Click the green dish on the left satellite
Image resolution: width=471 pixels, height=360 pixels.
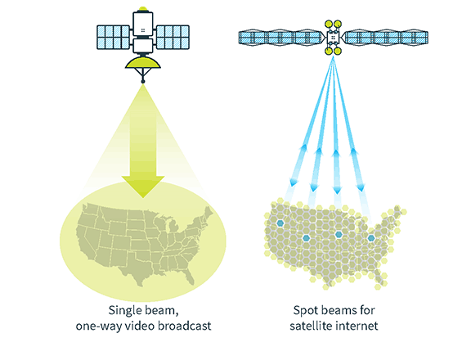tap(143, 63)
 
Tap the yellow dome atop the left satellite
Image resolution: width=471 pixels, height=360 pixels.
tap(143, 9)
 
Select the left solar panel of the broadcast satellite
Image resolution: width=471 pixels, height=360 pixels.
tap(113, 38)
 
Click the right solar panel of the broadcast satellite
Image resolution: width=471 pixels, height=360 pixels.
tap(173, 38)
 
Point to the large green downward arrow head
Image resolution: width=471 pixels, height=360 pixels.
tap(143, 187)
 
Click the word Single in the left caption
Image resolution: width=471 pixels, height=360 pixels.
tap(126, 310)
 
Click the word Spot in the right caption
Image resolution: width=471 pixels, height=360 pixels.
tap(304, 311)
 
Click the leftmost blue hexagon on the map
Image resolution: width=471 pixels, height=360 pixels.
tap(280, 223)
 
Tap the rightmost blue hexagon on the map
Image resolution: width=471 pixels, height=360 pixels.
tap(371, 238)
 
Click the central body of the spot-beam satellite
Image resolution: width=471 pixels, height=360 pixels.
tap(333, 38)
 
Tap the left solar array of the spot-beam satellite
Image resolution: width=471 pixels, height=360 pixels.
tap(282, 38)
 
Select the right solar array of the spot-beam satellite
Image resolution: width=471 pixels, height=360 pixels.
tap(385, 38)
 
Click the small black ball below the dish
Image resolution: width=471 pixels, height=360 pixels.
tap(143, 82)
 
